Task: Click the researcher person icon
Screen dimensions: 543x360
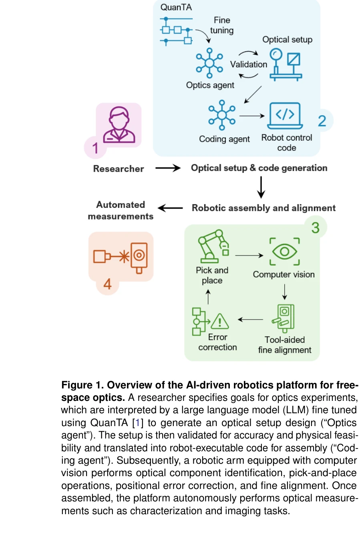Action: coord(119,125)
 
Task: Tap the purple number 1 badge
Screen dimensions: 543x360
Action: coord(95,148)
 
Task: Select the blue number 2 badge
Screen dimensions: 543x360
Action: coord(322,121)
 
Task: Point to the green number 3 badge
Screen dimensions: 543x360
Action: coord(316,228)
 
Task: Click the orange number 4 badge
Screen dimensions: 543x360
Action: coord(107,284)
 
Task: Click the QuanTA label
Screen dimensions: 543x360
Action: coord(176,7)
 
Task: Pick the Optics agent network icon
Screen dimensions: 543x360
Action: coord(209,63)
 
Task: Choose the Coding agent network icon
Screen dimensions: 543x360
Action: coord(222,115)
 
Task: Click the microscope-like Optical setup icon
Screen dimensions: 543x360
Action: coord(285,64)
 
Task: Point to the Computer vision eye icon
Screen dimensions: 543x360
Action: coord(284,251)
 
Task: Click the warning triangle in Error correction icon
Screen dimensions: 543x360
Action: coord(220,322)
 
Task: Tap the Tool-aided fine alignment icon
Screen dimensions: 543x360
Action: coord(284,318)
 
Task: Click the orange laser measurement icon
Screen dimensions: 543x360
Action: coord(121,256)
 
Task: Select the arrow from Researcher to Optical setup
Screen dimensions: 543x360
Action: coord(168,168)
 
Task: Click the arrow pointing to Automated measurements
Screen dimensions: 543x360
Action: coord(170,208)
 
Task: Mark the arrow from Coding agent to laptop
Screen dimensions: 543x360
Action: coord(252,116)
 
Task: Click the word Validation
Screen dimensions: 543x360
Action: coord(248,64)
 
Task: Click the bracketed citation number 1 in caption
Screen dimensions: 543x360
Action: coord(137,423)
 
